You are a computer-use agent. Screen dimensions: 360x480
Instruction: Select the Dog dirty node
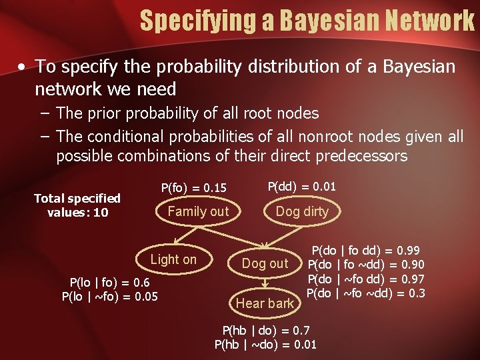pyautogui.click(x=302, y=211)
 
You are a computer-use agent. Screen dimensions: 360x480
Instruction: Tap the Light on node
pyautogui.click(x=173, y=259)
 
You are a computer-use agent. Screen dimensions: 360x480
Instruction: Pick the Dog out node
pyautogui.click(x=265, y=263)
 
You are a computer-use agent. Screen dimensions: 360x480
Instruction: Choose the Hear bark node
pyautogui.click(x=265, y=303)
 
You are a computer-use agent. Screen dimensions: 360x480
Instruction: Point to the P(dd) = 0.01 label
pyautogui.click(x=301, y=187)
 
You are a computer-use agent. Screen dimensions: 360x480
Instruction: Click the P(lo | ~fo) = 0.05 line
pyautogui.click(x=109, y=296)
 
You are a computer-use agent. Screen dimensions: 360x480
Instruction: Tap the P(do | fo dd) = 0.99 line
pyautogui.click(x=365, y=251)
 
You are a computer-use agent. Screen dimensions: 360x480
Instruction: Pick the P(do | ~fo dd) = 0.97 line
pyautogui.click(x=365, y=279)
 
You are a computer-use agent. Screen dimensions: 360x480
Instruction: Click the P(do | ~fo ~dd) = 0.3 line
pyautogui.click(x=365, y=293)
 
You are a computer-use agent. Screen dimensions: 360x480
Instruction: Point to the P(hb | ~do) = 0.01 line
pyautogui.click(x=265, y=345)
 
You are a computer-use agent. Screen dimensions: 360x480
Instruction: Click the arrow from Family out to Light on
pyautogui.click(x=187, y=235)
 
